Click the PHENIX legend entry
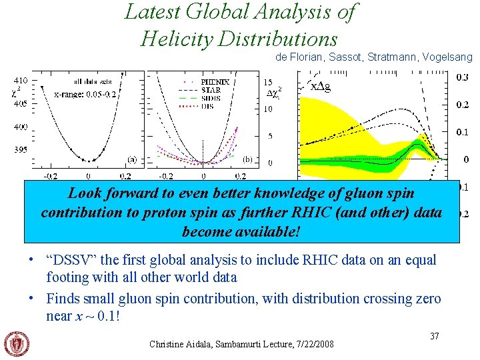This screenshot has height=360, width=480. [215, 82]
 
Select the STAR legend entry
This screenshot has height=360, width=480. [213, 90]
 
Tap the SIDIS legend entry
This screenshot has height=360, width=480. [213, 98]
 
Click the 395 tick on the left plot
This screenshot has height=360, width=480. [20, 149]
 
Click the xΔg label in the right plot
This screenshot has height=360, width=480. [321, 85]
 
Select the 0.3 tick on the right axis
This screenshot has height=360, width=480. [462, 78]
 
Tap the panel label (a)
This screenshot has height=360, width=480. [132, 159]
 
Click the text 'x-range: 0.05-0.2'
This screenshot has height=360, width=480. [85, 94]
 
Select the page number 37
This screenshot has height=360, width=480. [434, 336]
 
